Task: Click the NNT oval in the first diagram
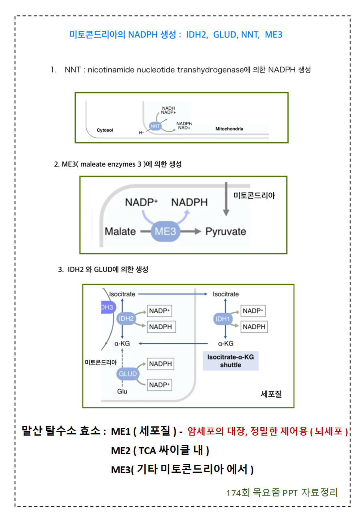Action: pyautogui.click(x=155, y=126)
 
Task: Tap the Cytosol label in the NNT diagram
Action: pyautogui.click(x=105, y=130)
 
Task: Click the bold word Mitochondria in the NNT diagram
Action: pyautogui.click(x=229, y=129)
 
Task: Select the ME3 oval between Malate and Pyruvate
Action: pyautogui.click(x=166, y=231)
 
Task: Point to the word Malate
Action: pyautogui.click(x=120, y=231)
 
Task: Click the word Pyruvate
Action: pyautogui.click(x=226, y=231)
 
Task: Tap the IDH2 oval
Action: pyautogui.click(x=126, y=318)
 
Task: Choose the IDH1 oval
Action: pyautogui.click(x=223, y=318)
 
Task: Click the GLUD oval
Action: pyautogui.click(x=128, y=374)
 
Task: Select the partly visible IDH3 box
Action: pyautogui.click(x=106, y=307)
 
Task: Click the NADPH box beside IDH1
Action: pyautogui.click(x=254, y=327)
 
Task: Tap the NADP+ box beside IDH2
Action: pyautogui.click(x=160, y=311)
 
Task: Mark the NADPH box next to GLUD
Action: pyautogui.click(x=160, y=364)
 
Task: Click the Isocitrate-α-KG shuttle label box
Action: pyautogui.click(x=230, y=361)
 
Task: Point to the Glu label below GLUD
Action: pyautogui.click(x=122, y=391)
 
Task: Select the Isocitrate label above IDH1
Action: pyautogui.click(x=226, y=294)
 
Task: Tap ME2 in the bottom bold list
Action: pyautogui.click(x=121, y=450)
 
